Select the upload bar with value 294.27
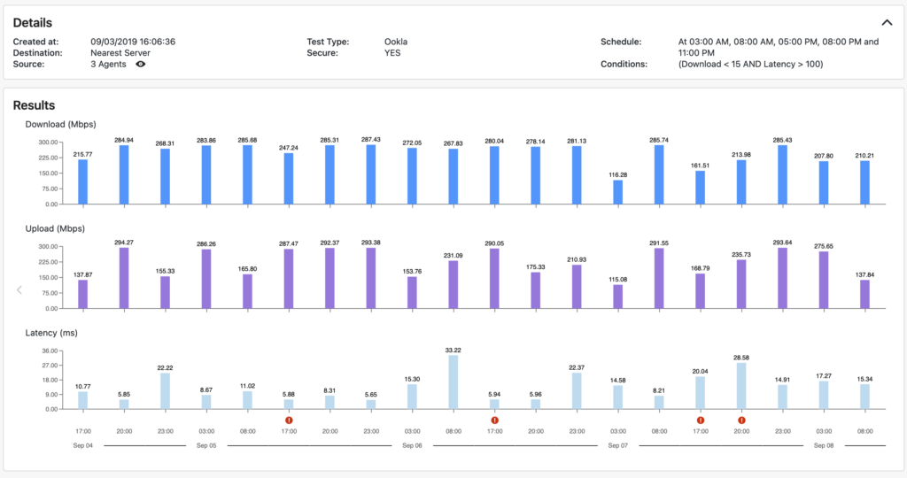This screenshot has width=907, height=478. pos(124,278)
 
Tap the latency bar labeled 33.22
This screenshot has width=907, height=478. pos(453,382)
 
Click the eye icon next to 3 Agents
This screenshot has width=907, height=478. pos(141,65)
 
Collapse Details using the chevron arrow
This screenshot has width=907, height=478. pos(887,23)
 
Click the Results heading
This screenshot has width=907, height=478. pos(34,105)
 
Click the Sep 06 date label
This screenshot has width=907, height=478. pos(413,446)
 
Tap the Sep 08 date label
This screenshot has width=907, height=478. pos(825,446)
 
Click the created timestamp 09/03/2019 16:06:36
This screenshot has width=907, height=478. pos(133,42)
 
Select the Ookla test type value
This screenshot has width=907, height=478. pos(396,42)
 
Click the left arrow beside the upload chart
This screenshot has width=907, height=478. pos(18,289)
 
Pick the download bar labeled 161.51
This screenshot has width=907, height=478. pos(701,189)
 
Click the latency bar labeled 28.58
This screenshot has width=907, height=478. pos(741,386)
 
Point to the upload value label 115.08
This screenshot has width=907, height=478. pos(618,279)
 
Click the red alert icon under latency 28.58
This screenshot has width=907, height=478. pos(741,420)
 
